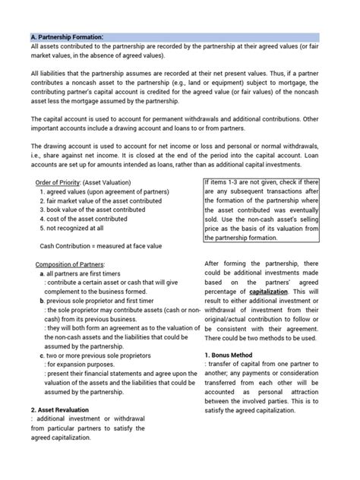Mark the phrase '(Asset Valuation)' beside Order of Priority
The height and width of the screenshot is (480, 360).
112,183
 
